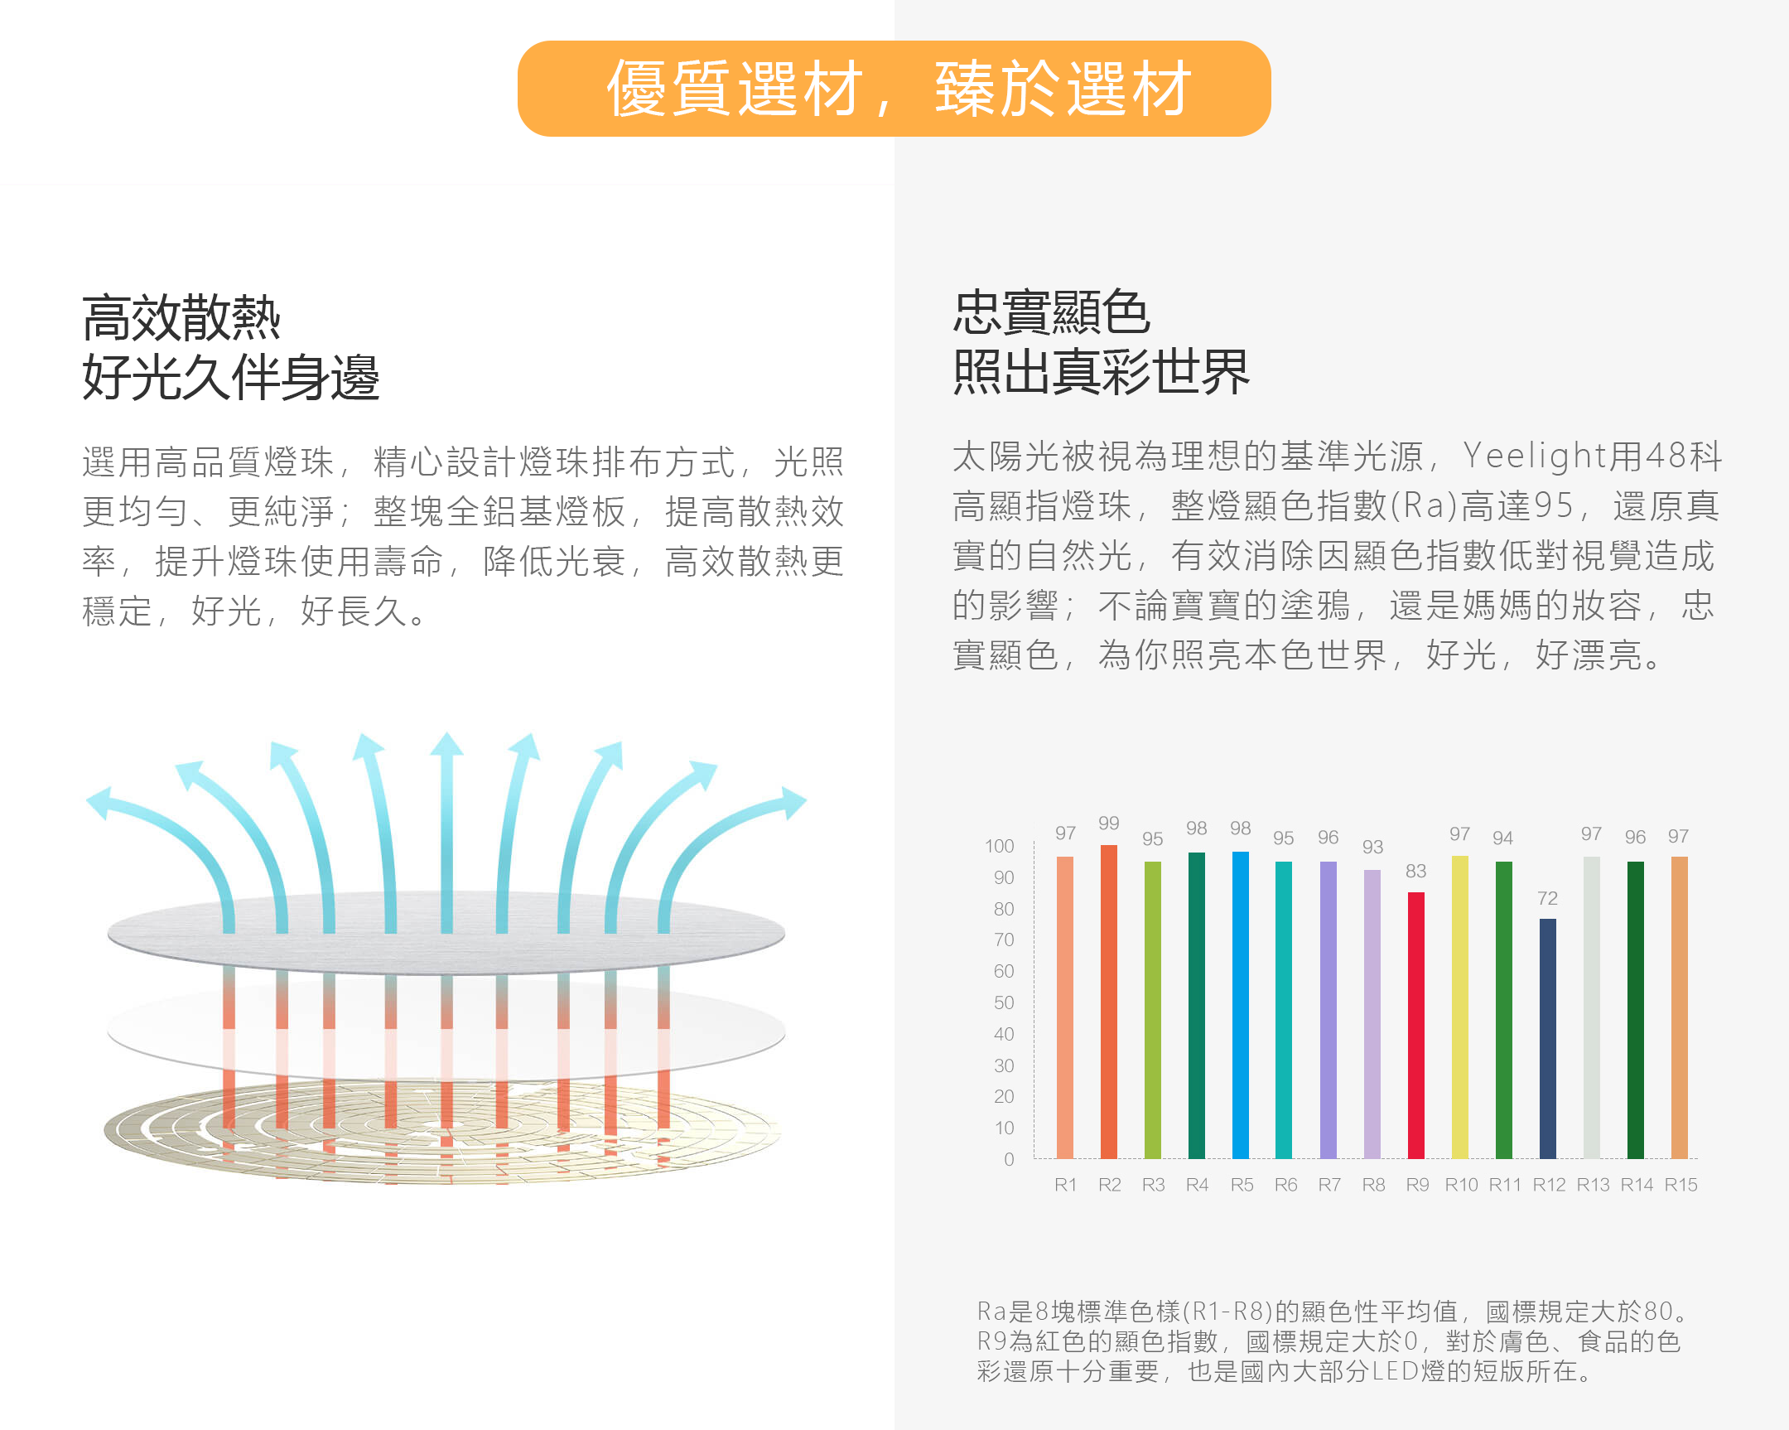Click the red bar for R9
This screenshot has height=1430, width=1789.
pos(1415,1025)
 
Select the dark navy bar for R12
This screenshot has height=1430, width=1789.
pos(1547,1037)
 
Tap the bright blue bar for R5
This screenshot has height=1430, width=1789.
pos(1240,1004)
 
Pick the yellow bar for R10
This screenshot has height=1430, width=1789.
pos(1459,1006)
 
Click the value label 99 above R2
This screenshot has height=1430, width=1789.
pos(1108,824)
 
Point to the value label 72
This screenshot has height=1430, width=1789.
pos(1547,898)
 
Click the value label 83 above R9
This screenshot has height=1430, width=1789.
pos(1415,871)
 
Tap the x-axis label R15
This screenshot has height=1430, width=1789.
pos(1681,1184)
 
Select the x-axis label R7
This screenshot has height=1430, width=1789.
pos(1329,1184)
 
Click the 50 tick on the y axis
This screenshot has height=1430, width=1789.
pos(1004,1002)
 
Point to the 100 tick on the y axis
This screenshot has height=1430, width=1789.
pos(1000,846)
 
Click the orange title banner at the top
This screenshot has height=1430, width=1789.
pos(894,89)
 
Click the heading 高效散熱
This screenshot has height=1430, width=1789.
pos(181,318)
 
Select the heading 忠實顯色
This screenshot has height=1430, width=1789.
pos(1051,313)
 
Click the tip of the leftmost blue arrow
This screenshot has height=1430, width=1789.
pos(93,800)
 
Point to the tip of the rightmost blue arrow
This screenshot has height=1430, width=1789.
pos(801,800)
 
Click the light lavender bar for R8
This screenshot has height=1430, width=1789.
pos(1372,1012)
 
